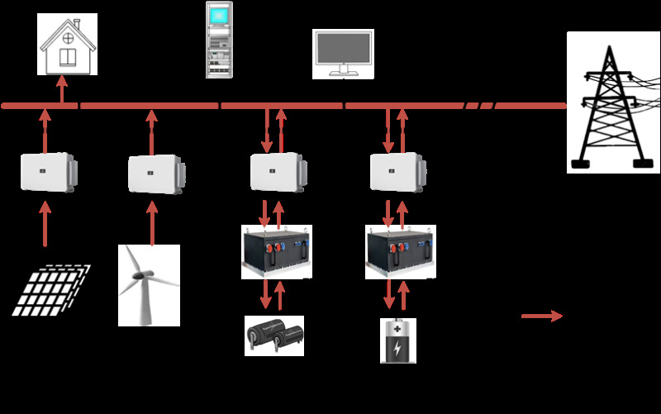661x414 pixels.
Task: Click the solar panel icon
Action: (51, 289)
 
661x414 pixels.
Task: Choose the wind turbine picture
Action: (149, 284)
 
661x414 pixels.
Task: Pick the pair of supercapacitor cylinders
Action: (274, 335)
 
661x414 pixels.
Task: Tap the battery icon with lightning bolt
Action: (398, 340)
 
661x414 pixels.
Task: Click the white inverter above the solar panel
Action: (47, 172)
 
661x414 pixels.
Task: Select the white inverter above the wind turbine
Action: (154, 174)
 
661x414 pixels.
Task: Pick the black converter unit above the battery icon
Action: (400, 251)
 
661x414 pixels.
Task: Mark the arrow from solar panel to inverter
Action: (45, 223)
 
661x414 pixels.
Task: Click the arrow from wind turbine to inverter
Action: (151, 218)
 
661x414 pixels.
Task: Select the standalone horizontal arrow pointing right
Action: (542, 316)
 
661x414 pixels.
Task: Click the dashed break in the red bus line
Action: (479, 106)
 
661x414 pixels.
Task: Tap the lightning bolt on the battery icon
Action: (398, 347)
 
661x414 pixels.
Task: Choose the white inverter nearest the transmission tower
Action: (398, 172)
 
